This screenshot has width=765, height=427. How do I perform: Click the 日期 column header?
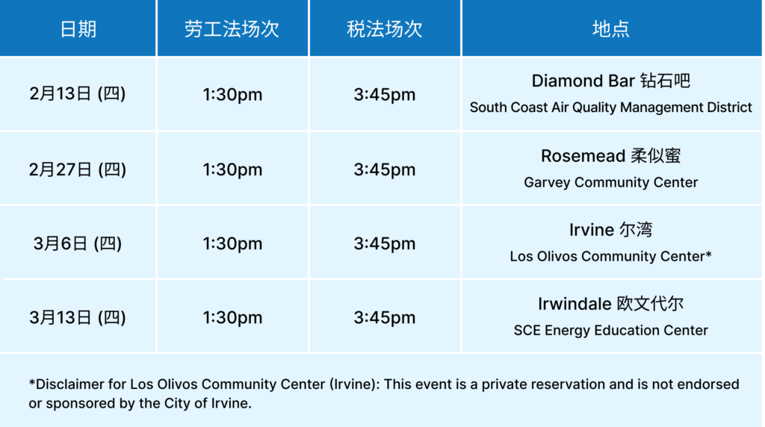pyautogui.click(x=78, y=29)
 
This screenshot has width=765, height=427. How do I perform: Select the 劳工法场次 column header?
pyautogui.click(x=232, y=29)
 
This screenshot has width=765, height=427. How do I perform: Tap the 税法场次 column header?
pyautogui.click(x=385, y=29)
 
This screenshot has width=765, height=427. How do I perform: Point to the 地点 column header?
pyautogui.click(x=610, y=29)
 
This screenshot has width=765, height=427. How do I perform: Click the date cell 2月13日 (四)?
pyautogui.click(x=78, y=94)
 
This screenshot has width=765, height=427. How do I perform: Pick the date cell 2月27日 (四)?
pyautogui.click(x=78, y=169)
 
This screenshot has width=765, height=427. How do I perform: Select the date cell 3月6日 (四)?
pyautogui.click(x=78, y=243)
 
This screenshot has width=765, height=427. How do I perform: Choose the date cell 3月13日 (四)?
pyautogui.click(x=78, y=317)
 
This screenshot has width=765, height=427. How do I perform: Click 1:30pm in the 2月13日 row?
pyautogui.click(x=232, y=95)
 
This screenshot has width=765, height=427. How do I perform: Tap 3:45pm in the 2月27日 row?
pyautogui.click(x=385, y=169)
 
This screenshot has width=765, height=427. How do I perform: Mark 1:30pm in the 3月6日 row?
pyautogui.click(x=232, y=243)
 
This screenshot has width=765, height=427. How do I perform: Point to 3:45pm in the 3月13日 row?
pyautogui.click(x=385, y=317)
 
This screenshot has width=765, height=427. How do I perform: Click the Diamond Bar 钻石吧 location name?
pyautogui.click(x=610, y=81)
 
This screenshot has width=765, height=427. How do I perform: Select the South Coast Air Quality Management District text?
pyautogui.click(x=610, y=107)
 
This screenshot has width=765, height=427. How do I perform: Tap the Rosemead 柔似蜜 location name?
pyautogui.click(x=610, y=156)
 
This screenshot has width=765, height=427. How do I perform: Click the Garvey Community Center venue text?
pyautogui.click(x=610, y=182)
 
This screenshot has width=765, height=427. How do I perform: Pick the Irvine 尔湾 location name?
pyautogui.click(x=610, y=230)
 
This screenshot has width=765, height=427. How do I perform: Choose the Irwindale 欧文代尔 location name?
pyautogui.click(x=610, y=304)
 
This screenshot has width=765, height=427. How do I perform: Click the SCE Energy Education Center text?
pyautogui.click(x=610, y=330)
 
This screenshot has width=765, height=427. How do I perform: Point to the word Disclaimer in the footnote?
pyautogui.click(x=68, y=384)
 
